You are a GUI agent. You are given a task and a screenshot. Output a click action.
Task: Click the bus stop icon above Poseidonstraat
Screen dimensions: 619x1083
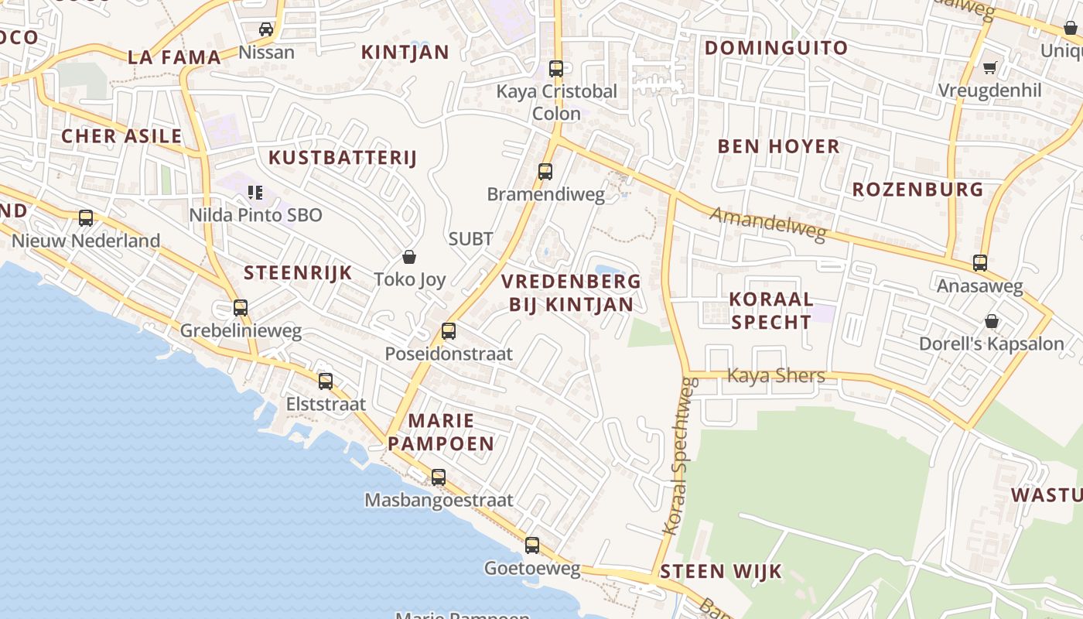pos(448,331)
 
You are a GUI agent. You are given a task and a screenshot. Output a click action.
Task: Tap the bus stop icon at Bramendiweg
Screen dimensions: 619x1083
pos(545,171)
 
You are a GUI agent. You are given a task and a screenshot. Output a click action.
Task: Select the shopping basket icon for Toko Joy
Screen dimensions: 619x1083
pos(409,256)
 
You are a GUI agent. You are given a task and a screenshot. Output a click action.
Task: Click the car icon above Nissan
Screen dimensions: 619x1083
pos(266,29)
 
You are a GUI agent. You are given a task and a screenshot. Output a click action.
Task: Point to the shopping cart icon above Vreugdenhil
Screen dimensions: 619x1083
pos(989,67)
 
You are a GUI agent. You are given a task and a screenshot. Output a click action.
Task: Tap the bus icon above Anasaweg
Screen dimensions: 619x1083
pos(980,263)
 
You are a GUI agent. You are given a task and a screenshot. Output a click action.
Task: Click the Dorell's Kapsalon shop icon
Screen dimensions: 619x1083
pos(992,320)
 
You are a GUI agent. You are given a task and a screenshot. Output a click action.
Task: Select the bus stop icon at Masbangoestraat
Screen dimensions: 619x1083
pos(439,477)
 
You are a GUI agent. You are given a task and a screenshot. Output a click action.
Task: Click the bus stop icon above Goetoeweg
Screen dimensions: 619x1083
pos(532,545)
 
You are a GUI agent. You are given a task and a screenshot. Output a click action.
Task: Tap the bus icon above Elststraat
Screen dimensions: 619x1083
pos(326,381)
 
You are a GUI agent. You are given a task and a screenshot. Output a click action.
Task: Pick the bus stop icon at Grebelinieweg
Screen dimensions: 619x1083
pos(241,308)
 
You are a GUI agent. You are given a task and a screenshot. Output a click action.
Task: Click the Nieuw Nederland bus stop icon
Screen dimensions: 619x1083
pos(86,218)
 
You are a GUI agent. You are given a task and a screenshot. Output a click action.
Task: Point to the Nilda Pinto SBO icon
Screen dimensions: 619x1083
pos(255,192)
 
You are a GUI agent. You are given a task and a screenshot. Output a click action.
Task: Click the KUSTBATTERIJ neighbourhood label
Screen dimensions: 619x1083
pos(342,158)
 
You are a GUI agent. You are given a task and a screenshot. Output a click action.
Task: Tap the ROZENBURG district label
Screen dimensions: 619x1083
pos(917,190)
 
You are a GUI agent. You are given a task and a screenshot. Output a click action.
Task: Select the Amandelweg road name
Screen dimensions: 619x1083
pos(768,224)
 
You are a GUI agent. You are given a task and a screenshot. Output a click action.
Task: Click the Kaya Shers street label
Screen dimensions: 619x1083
pos(776,376)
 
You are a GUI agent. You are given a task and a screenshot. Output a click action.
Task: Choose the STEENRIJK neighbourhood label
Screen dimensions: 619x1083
pos(298,272)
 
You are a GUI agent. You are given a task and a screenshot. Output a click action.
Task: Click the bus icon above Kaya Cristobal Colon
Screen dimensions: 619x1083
pos(555,68)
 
